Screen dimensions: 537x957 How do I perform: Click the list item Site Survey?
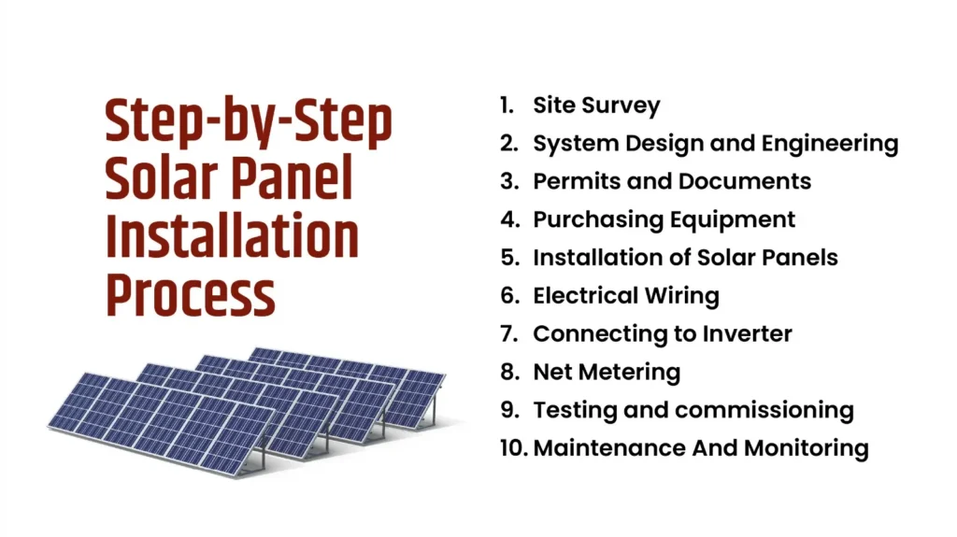(596, 106)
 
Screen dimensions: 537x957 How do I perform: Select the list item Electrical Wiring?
(625, 296)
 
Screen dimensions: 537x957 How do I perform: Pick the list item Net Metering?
(606, 372)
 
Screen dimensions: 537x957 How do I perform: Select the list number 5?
(508, 258)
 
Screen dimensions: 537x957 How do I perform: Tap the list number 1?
(507, 106)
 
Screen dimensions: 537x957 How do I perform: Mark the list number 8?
(508, 372)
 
